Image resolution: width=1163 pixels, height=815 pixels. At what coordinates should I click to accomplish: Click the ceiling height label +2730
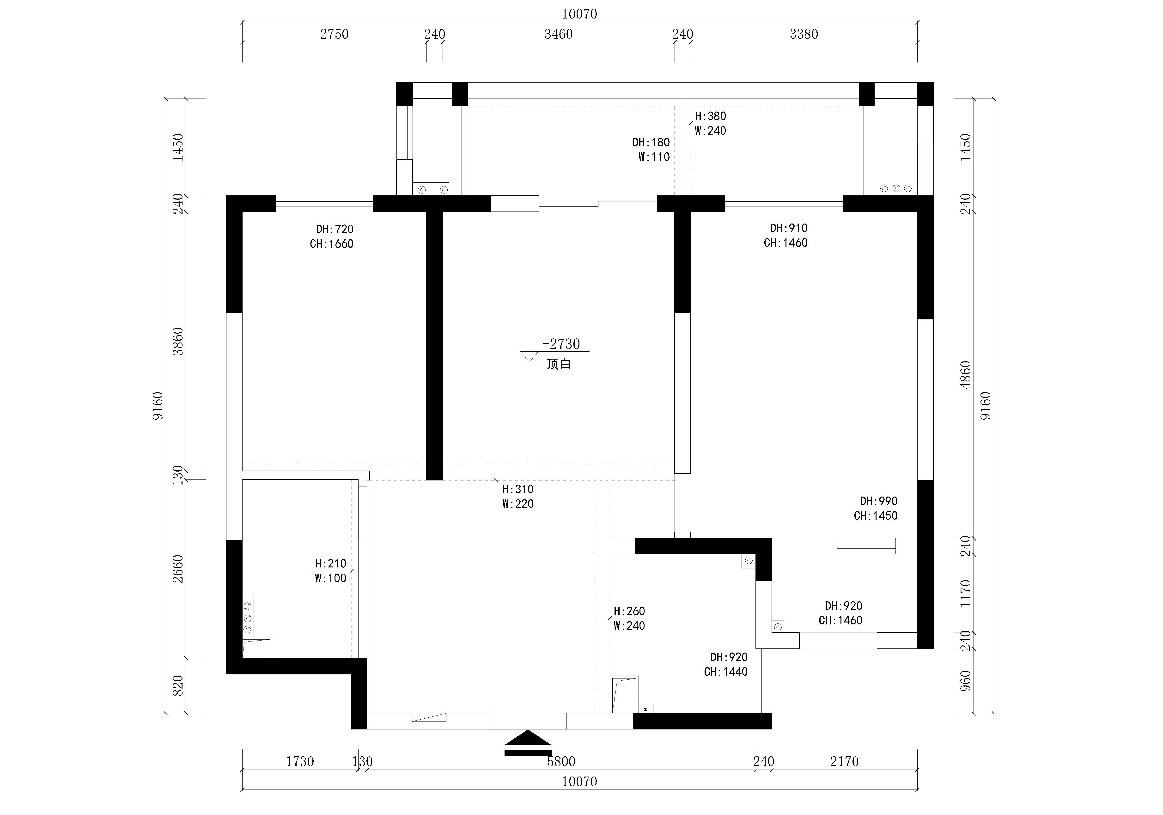click(x=561, y=344)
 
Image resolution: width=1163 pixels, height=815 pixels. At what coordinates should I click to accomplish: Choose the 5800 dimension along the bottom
click(x=561, y=761)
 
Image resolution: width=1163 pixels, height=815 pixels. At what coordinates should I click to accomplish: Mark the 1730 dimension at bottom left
click(x=300, y=761)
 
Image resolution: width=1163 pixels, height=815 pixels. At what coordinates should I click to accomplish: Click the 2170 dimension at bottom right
click(x=844, y=761)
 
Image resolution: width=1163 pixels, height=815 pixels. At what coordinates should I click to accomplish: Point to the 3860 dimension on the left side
click(x=178, y=341)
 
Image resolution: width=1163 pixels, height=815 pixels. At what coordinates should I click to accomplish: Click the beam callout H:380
click(x=710, y=116)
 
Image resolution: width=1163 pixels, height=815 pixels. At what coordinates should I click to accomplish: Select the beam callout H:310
click(x=518, y=489)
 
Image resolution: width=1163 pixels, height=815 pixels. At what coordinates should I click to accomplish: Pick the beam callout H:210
click(x=330, y=564)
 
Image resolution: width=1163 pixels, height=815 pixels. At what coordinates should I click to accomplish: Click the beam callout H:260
click(x=629, y=611)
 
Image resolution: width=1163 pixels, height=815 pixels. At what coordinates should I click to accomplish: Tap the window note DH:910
click(x=789, y=228)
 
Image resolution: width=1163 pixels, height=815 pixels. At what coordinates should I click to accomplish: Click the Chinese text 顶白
click(x=559, y=364)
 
